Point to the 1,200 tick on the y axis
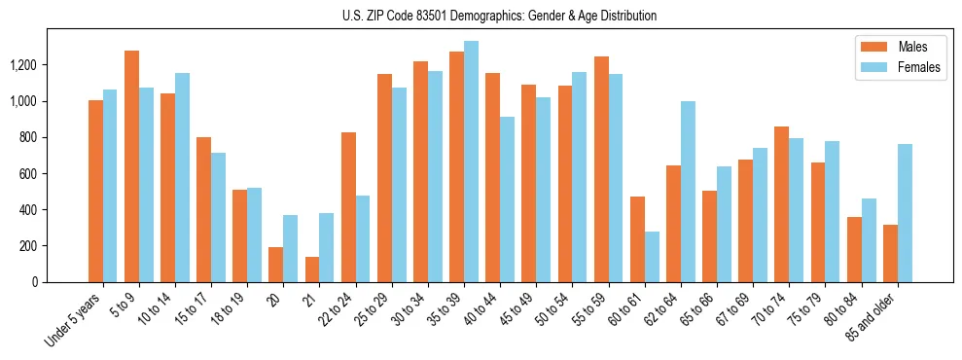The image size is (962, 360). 24,65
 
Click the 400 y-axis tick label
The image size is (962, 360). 29,209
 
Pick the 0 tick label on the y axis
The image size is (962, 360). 36,281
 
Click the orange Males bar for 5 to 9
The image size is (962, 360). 131,166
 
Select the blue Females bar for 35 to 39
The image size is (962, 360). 471,162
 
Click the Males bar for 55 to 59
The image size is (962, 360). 601,169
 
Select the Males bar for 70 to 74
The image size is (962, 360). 781,204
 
